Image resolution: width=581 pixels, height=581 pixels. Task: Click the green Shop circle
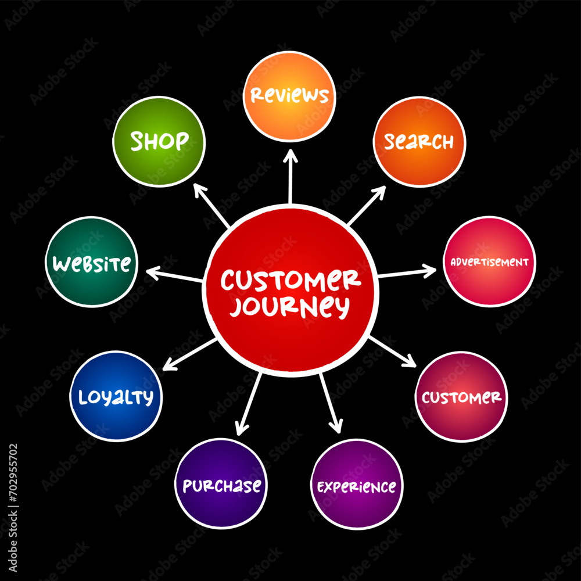click(x=159, y=142)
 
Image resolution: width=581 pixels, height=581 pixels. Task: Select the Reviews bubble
click(x=289, y=96)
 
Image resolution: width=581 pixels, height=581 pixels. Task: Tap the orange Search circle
click(x=419, y=142)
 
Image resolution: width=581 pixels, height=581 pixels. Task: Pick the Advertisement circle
click(x=489, y=261)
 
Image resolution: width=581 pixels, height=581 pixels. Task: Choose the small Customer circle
click(x=461, y=397)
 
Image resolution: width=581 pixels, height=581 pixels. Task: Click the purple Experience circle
click(x=357, y=485)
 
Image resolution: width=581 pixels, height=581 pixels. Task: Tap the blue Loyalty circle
click(x=116, y=396)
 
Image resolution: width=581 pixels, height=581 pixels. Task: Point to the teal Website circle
click(x=92, y=262)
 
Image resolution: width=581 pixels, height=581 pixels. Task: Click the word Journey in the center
click(x=289, y=306)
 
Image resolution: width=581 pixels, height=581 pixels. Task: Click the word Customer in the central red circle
click(x=291, y=280)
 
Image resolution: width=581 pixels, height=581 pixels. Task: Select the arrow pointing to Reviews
click(x=290, y=177)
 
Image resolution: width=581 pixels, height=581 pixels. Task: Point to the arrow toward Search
click(x=367, y=206)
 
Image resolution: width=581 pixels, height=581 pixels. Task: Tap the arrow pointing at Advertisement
click(x=407, y=272)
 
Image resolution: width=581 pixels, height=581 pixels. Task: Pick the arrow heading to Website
click(x=174, y=275)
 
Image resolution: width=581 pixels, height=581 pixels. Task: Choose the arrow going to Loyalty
click(x=190, y=354)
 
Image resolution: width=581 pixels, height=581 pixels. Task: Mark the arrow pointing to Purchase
click(x=249, y=404)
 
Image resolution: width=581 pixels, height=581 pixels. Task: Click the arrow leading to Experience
click(x=331, y=403)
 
